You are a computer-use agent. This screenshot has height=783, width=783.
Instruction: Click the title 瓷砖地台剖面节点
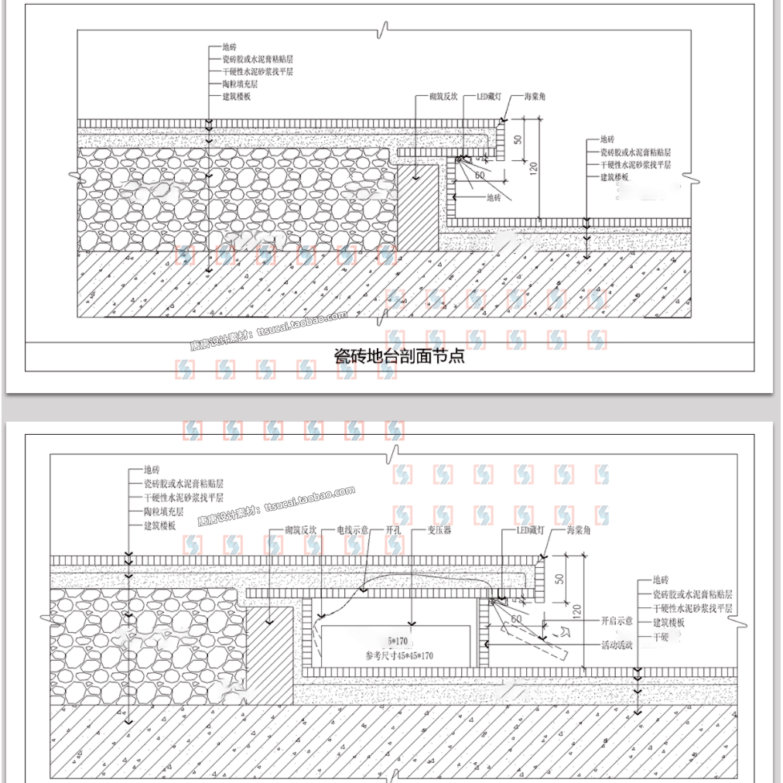398,357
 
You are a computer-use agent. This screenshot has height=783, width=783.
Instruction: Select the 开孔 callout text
393,531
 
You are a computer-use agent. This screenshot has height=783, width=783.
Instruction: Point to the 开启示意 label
617,621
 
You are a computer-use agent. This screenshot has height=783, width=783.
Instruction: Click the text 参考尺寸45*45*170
398,655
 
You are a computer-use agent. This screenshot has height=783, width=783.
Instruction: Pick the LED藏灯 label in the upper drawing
489,97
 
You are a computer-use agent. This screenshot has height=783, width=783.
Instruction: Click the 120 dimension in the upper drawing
533,166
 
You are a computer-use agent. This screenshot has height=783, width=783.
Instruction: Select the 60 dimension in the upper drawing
479,176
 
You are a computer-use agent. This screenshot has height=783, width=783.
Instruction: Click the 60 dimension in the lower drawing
516,619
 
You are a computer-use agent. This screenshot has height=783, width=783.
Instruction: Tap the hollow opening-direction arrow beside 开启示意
565,632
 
